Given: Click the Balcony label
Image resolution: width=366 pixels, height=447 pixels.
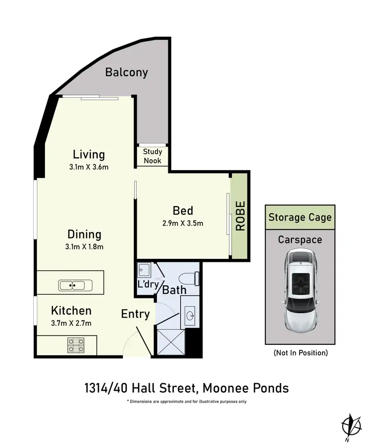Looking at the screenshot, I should click(x=126, y=73).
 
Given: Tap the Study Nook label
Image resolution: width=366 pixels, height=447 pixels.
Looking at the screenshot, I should click(x=152, y=156).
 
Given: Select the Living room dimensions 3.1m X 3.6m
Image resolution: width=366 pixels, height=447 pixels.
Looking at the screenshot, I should click(x=89, y=167).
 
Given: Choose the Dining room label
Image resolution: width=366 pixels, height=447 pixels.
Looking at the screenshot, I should click(x=84, y=234).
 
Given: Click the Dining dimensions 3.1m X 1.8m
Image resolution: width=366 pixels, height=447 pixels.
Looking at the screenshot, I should click(x=84, y=246).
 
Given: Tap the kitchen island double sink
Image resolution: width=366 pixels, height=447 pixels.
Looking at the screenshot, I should click(x=72, y=285).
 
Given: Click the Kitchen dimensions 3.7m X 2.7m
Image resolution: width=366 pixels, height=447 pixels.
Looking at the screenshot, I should click(x=72, y=322).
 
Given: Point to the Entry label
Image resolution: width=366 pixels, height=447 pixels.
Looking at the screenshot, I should click(x=135, y=314).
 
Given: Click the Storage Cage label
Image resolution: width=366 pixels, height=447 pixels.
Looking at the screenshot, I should click(x=300, y=217).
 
